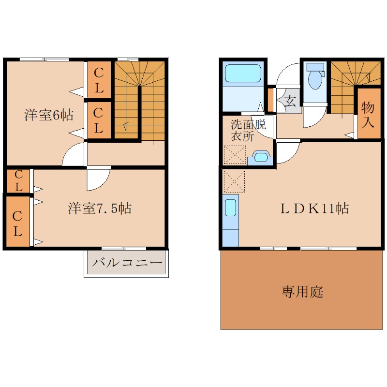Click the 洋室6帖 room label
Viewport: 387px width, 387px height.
(x=49, y=115)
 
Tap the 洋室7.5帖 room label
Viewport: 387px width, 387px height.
(x=100, y=208)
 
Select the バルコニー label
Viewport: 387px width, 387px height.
(x=127, y=264)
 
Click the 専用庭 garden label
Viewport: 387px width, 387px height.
(x=302, y=292)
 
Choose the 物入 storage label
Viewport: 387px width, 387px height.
(x=368, y=114)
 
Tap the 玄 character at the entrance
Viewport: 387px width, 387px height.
(x=290, y=102)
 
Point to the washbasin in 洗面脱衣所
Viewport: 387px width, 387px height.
(x=261, y=157)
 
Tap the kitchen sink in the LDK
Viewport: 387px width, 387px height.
(x=231, y=208)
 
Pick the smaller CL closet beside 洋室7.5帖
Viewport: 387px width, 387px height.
(x=17, y=180)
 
